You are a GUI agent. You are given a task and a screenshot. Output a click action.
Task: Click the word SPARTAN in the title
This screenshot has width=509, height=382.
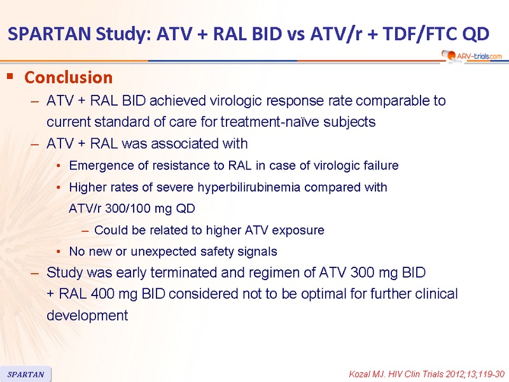click(50, 34)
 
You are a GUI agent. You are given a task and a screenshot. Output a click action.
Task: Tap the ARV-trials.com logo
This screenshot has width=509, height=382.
click(471, 56)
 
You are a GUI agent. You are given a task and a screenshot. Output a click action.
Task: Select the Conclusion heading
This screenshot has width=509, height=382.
click(69, 77)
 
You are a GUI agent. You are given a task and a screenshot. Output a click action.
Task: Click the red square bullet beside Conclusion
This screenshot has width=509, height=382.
click(10, 76)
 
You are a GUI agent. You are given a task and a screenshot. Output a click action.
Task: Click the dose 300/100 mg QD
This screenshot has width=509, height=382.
click(150, 208)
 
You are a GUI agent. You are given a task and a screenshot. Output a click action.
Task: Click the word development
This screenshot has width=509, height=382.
click(87, 315)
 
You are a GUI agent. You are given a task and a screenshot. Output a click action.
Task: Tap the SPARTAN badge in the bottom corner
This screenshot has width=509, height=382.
click(25, 374)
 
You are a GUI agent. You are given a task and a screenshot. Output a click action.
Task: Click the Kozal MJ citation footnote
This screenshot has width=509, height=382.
click(426, 374)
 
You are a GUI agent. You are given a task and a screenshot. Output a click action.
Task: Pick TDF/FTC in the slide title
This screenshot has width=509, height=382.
click(421, 34)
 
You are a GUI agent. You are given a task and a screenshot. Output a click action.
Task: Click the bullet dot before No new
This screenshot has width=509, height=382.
click(59, 251)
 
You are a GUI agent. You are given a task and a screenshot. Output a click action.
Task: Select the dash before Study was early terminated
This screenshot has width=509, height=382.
click(35, 273)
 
